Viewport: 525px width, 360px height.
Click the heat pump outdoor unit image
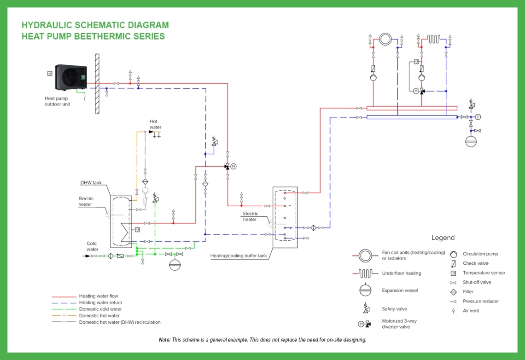tap(71, 78)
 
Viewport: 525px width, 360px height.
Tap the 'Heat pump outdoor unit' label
tap(57, 101)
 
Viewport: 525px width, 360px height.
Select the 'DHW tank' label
tap(91, 183)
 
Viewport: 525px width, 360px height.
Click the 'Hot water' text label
tap(155, 124)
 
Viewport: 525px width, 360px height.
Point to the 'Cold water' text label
tap(92, 246)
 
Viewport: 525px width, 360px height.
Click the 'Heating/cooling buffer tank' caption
tap(239, 255)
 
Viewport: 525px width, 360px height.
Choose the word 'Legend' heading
tap(443, 238)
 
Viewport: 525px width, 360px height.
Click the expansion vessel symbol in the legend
tap(365, 290)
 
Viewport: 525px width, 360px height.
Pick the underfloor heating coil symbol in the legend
tap(365, 273)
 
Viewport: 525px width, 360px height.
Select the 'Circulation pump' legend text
tap(480, 254)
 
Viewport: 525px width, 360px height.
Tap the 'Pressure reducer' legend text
tap(481, 301)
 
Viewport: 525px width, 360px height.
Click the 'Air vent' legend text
tap(471, 311)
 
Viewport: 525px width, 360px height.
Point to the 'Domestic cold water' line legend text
tap(100, 309)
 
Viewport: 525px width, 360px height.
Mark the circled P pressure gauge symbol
tap(478, 117)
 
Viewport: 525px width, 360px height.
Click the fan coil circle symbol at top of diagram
tap(385, 39)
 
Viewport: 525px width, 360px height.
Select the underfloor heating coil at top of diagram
tap(433, 39)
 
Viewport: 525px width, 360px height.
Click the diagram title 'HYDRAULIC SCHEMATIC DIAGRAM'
tap(95, 25)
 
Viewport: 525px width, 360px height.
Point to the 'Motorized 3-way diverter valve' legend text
tap(399, 324)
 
